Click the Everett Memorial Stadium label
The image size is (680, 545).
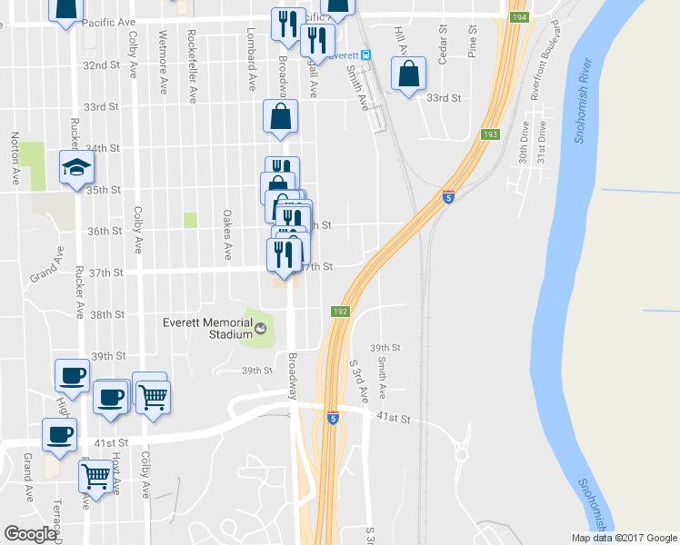pyautogui.click(x=206, y=328)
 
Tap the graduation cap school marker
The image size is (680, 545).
pyautogui.click(x=76, y=167)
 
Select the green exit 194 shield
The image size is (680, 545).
pyautogui.click(x=518, y=17)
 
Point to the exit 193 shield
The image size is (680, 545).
pyautogui.click(x=490, y=134)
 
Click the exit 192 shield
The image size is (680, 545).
pyautogui.click(x=339, y=311)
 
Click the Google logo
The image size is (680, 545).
pyautogui.click(x=31, y=534)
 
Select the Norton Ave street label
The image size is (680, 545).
pyautogui.click(x=15, y=160)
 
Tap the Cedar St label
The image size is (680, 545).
pyautogui.click(x=443, y=44)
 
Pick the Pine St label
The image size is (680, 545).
pyautogui.click(x=473, y=44)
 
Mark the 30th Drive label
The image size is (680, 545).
pyautogui.click(x=524, y=144)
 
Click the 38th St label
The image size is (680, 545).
pyautogui.click(x=107, y=314)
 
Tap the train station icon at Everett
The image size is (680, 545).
pyautogui.click(x=365, y=54)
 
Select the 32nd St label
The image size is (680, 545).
pyautogui.click(x=102, y=65)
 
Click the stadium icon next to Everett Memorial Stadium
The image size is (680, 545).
pyautogui.click(x=262, y=328)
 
